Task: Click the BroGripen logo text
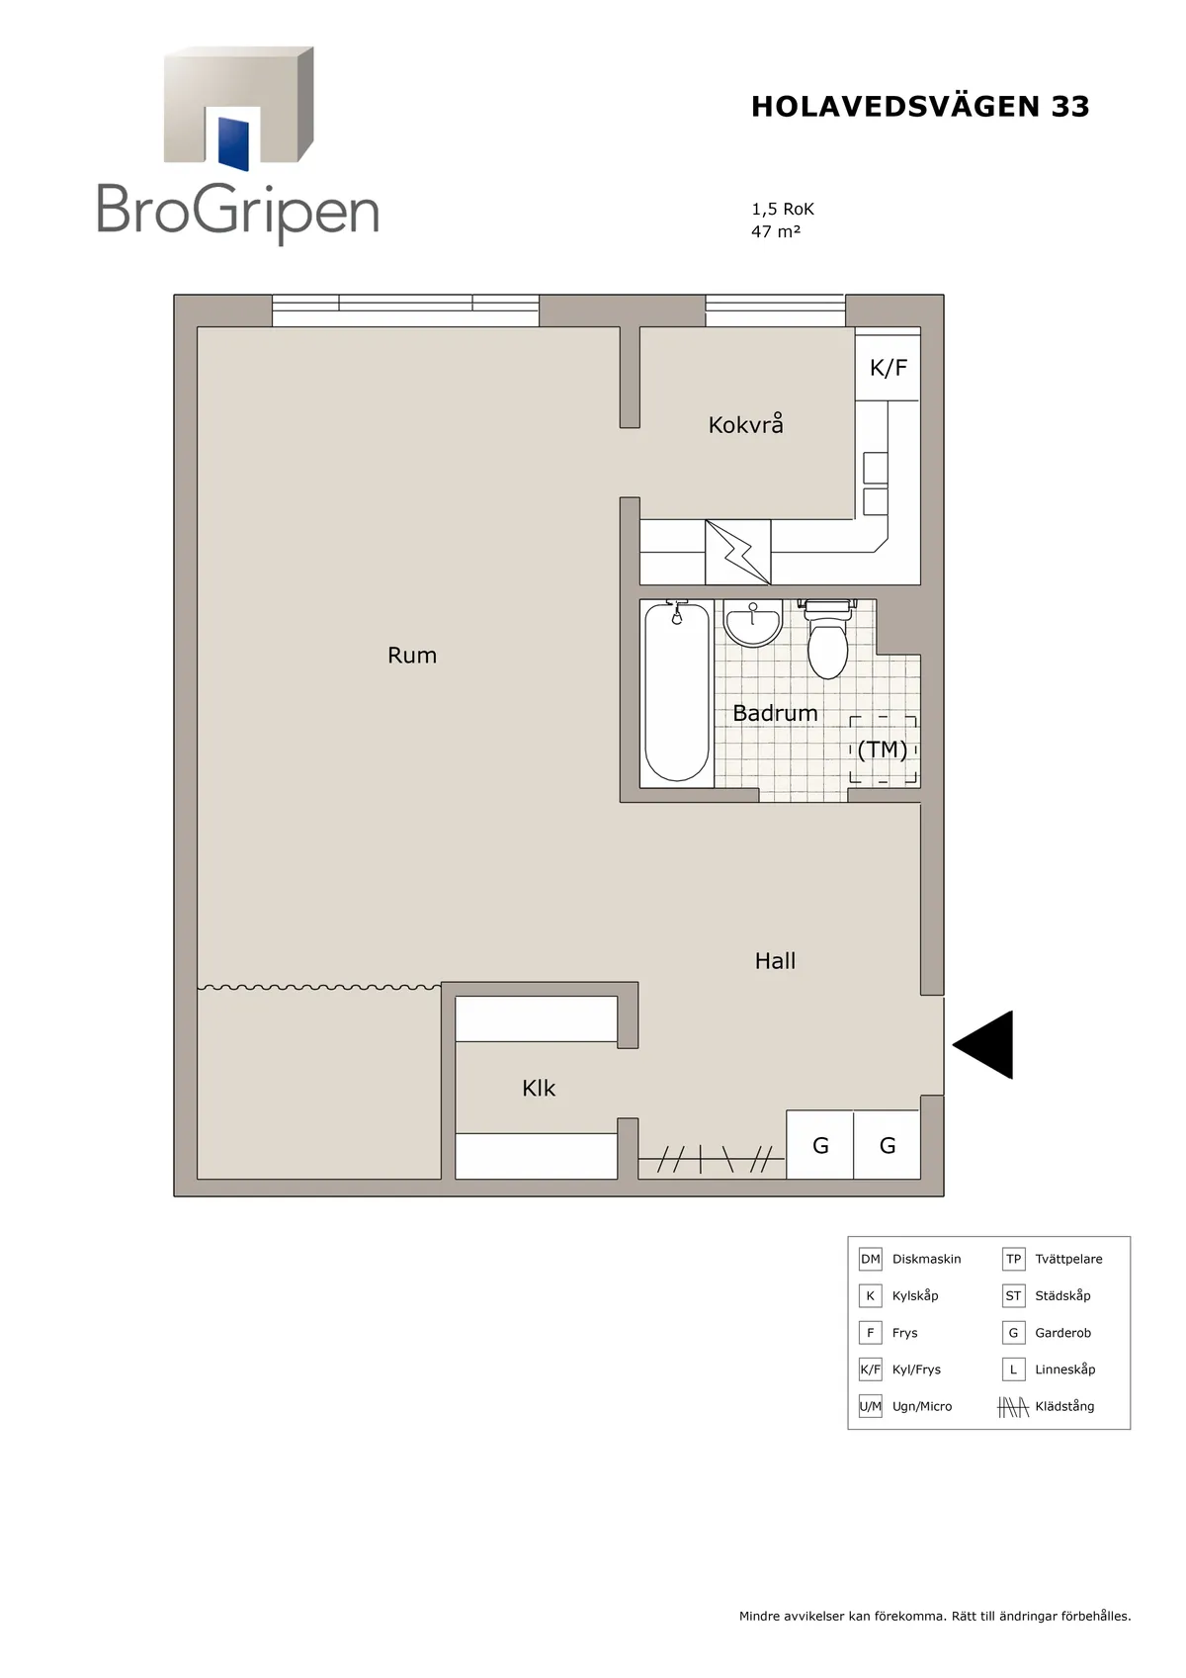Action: [x=238, y=212]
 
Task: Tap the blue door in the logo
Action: [x=233, y=143]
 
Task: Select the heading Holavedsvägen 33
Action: [x=920, y=107]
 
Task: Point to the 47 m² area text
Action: [x=776, y=231]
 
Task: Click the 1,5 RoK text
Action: [x=783, y=209]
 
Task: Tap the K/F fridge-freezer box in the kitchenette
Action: [x=888, y=367]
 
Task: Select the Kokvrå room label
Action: [x=746, y=424]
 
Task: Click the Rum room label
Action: [x=412, y=656]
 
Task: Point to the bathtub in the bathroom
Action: [x=677, y=692]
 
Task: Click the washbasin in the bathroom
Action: [x=752, y=623]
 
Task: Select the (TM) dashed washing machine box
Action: [x=883, y=750]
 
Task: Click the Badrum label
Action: [x=775, y=713]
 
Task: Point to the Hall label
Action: [x=775, y=961]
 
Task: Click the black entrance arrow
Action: [x=982, y=1044]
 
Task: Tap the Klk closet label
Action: [x=539, y=1089]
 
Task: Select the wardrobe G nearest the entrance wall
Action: [x=888, y=1145]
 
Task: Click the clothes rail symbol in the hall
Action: [x=712, y=1159]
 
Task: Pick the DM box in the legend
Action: [x=870, y=1259]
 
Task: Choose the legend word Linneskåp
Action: [x=1064, y=1369]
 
